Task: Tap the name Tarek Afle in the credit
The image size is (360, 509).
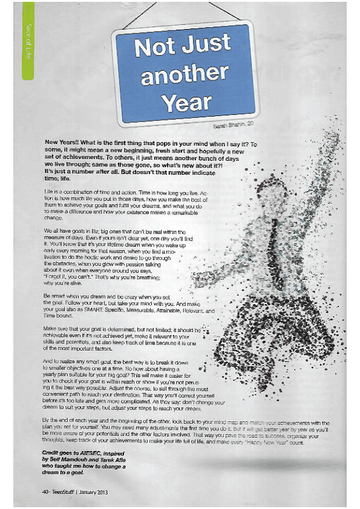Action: coord(120,459)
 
